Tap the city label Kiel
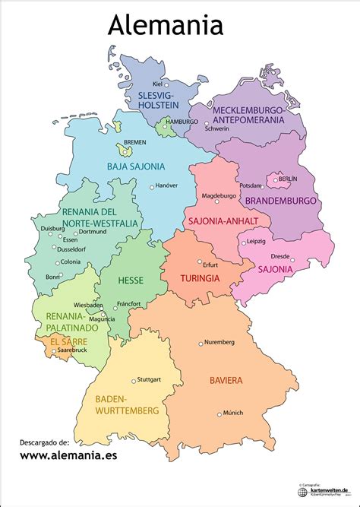[x=158, y=84]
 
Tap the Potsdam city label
[x=251, y=185]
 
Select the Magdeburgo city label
[x=219, y=196]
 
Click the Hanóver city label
[x=167, y=186]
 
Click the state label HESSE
[x=131, y=280]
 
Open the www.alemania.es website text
[x=69, y=457]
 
